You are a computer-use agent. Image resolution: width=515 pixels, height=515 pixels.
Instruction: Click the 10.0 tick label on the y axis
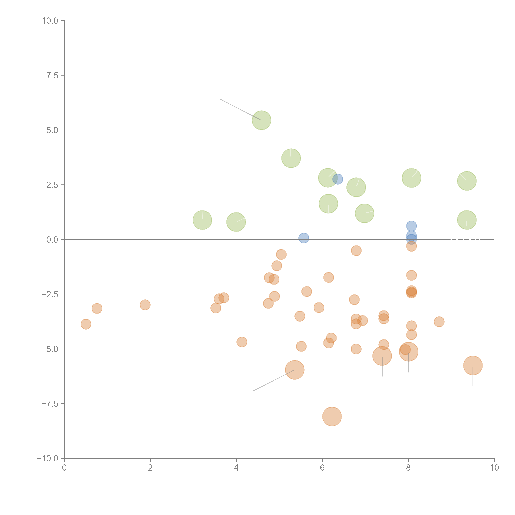coord(50,21)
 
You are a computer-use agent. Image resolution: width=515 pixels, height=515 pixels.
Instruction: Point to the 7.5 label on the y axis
coord(52,75)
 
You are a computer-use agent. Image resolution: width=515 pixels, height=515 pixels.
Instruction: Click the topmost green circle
coord(262,120)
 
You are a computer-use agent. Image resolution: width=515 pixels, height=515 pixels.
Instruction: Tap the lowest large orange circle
coord(332,416)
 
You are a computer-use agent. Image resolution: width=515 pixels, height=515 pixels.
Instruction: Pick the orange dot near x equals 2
coord(145,305)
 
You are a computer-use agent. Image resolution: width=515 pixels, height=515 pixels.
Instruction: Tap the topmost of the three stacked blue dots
coord(411,226)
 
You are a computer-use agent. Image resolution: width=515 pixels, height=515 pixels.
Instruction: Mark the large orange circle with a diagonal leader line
coord(295,370)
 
